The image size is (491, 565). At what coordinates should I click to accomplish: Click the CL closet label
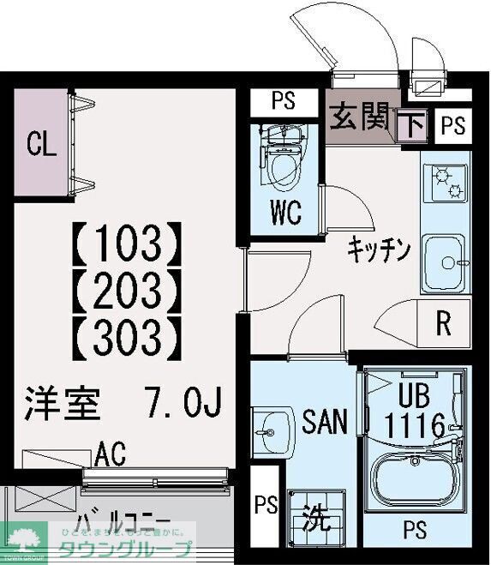40,143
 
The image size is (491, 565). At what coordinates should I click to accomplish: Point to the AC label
111,452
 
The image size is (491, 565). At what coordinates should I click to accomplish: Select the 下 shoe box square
413,127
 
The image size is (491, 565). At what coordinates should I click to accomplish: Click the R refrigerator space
444,324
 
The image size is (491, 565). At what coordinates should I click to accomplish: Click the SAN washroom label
325,421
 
